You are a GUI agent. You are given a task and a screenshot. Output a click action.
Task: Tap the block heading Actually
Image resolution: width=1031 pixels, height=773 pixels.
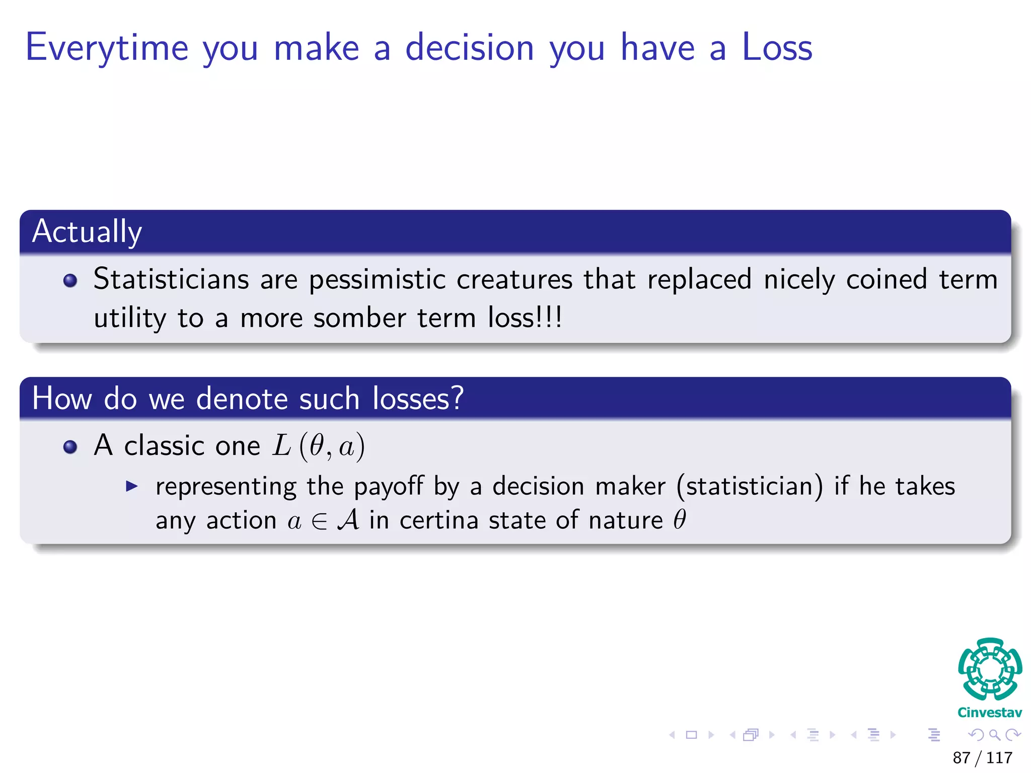[x=87, y=232]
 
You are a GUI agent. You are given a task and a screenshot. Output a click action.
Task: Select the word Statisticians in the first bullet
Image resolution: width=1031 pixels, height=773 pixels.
[x=171, y=279]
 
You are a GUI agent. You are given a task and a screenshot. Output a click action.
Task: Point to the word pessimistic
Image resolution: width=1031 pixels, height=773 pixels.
[x=377, y=280]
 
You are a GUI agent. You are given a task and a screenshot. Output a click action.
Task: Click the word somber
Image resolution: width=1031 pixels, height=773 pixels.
[x=359, y=319]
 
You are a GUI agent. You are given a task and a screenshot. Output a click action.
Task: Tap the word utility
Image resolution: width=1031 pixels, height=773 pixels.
[x=129, y=319]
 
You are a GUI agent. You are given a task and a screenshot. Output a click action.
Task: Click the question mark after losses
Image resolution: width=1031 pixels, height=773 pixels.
[x=456, y=399]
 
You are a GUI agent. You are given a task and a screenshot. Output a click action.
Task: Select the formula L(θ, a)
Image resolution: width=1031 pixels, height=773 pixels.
[x=318, y=446]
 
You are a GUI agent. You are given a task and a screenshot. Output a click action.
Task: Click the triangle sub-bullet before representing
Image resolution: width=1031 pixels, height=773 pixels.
[x=132, y=486]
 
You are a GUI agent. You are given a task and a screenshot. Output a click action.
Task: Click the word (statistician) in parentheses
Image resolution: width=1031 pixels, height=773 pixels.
[x=750, y=487]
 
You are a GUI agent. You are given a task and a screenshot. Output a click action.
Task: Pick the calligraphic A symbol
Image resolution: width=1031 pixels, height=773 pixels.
[x=348, y=520]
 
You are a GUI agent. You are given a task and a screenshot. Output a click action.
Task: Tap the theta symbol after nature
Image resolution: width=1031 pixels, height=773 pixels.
[x=679, y=519]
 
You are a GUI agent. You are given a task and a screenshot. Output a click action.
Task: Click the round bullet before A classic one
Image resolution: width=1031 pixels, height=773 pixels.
[x=70, y=447]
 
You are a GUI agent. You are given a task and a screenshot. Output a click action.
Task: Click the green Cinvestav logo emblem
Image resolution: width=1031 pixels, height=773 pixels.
[x=990, y=669]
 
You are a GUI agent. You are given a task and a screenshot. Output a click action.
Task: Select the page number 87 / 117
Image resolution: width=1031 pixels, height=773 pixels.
[x=982, y=757]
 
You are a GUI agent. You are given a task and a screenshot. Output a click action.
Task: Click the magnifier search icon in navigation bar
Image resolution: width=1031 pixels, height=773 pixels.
[x=994, y=735]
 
